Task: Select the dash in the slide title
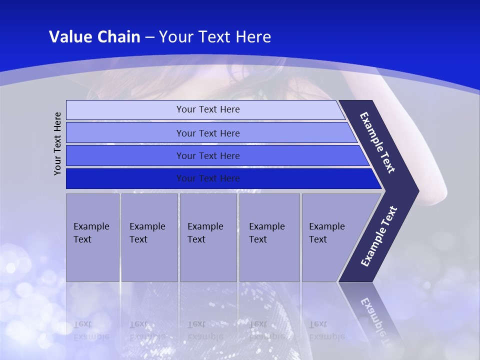click(x=149, y=37)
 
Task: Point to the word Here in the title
click(x=253, y=37)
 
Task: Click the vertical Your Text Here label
click(x=57, y=143)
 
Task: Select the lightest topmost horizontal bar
click(x=207, y=109)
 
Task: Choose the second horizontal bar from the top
click(x=207, y=133)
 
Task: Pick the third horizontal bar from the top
click(x=207, y=155)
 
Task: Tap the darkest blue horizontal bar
click(x=207, y=178)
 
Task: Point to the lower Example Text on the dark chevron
click(x=378, y=236)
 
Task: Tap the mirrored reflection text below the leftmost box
click(x=91, y=330)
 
